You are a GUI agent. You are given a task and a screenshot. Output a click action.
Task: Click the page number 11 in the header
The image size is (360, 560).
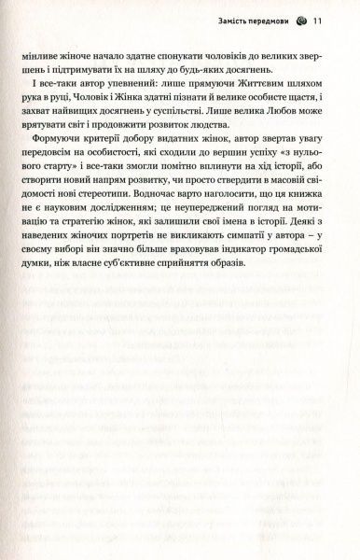(318, 21)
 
